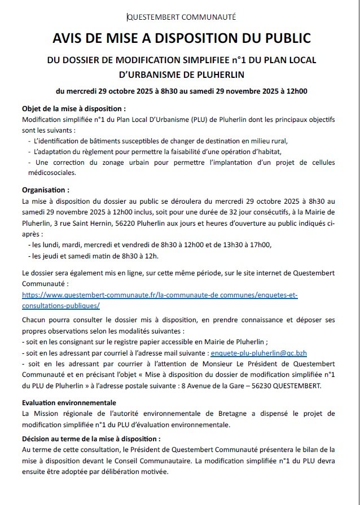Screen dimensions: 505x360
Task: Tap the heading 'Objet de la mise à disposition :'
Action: click(73, 109)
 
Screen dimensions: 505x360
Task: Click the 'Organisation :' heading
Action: click(46, 191)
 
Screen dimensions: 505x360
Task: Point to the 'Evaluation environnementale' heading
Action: click(69, 403)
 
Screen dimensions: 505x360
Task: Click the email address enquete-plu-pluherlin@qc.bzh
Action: click(258, 353)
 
